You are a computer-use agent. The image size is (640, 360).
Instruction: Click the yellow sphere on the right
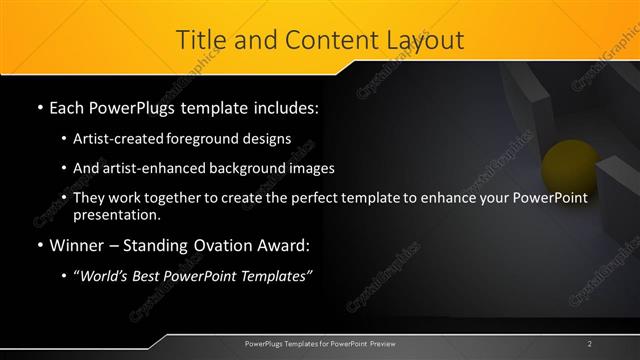click(x=565, y=164)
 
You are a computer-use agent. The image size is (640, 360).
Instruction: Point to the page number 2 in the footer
click(x=590, y=343)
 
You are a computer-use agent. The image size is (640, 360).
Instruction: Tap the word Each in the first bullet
click(x=68, y=105)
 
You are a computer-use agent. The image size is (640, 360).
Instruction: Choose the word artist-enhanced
click(x=148, y=168)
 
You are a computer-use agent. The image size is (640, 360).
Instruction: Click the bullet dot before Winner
click(x=39, y=245)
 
